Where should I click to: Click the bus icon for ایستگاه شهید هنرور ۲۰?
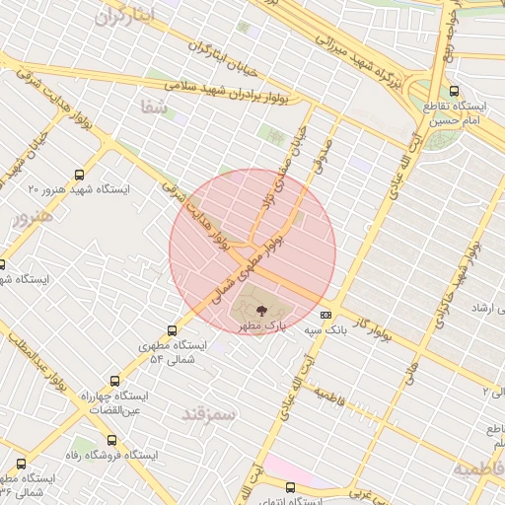tap(77, 171)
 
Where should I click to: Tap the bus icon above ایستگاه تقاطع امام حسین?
tap(453, 89)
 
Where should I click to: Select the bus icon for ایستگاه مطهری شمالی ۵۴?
tap(174, 331)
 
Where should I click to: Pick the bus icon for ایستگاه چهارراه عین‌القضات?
tap(115, 381)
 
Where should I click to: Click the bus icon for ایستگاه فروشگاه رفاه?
tap(109, 441)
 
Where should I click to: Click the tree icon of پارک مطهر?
tap(259, 310)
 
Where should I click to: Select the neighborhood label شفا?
tap(155, 108)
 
